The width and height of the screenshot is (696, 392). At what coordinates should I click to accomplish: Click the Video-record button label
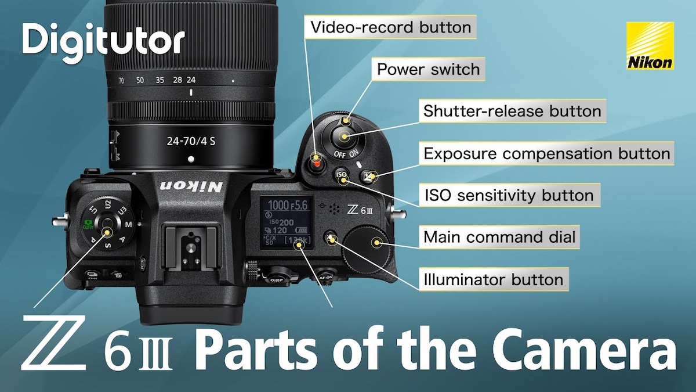pos(391,27)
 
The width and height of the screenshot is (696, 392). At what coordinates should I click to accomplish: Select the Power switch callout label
pos(429,70)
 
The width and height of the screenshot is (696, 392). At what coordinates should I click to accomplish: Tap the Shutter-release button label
pos(512,110)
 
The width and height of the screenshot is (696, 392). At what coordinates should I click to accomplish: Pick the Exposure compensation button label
pos(547,154)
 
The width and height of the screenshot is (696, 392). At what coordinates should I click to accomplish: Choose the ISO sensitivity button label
pos(509,195)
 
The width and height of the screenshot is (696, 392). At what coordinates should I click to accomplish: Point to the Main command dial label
pos(499,237)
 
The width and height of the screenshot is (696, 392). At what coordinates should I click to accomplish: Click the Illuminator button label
pos(493,279)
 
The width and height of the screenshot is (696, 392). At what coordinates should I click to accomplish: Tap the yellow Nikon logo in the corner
pos(650,46)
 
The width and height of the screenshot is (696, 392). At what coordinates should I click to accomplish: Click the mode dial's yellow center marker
pos(107,231)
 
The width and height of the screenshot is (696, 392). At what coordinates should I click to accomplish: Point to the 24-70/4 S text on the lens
pos(191,140)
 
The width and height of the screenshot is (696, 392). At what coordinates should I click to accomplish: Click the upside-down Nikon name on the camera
pos(191,186)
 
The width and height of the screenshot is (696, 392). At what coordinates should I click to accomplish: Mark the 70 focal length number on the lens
pos(121,80)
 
